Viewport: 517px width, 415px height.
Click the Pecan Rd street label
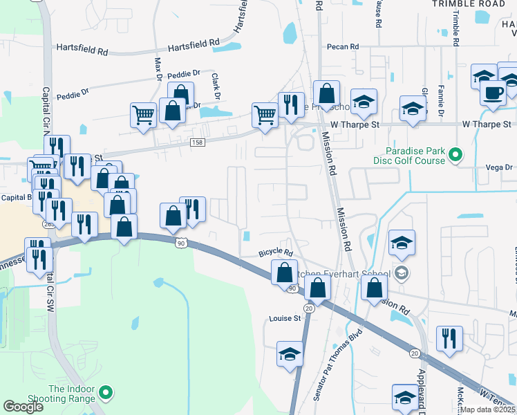point(344,46)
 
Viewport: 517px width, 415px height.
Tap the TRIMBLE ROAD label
point(469,3)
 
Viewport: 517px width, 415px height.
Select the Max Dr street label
point(158,67)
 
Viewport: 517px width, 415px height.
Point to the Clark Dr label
point(216,84)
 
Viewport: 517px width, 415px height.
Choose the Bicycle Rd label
point(276,253)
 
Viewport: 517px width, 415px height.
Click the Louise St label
point(285,319)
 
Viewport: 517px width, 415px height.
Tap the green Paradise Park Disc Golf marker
point(455,155)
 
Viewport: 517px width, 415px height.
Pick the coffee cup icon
point(493,93)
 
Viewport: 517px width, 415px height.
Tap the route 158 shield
point(197,142)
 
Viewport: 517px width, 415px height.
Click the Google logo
point(23,407)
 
